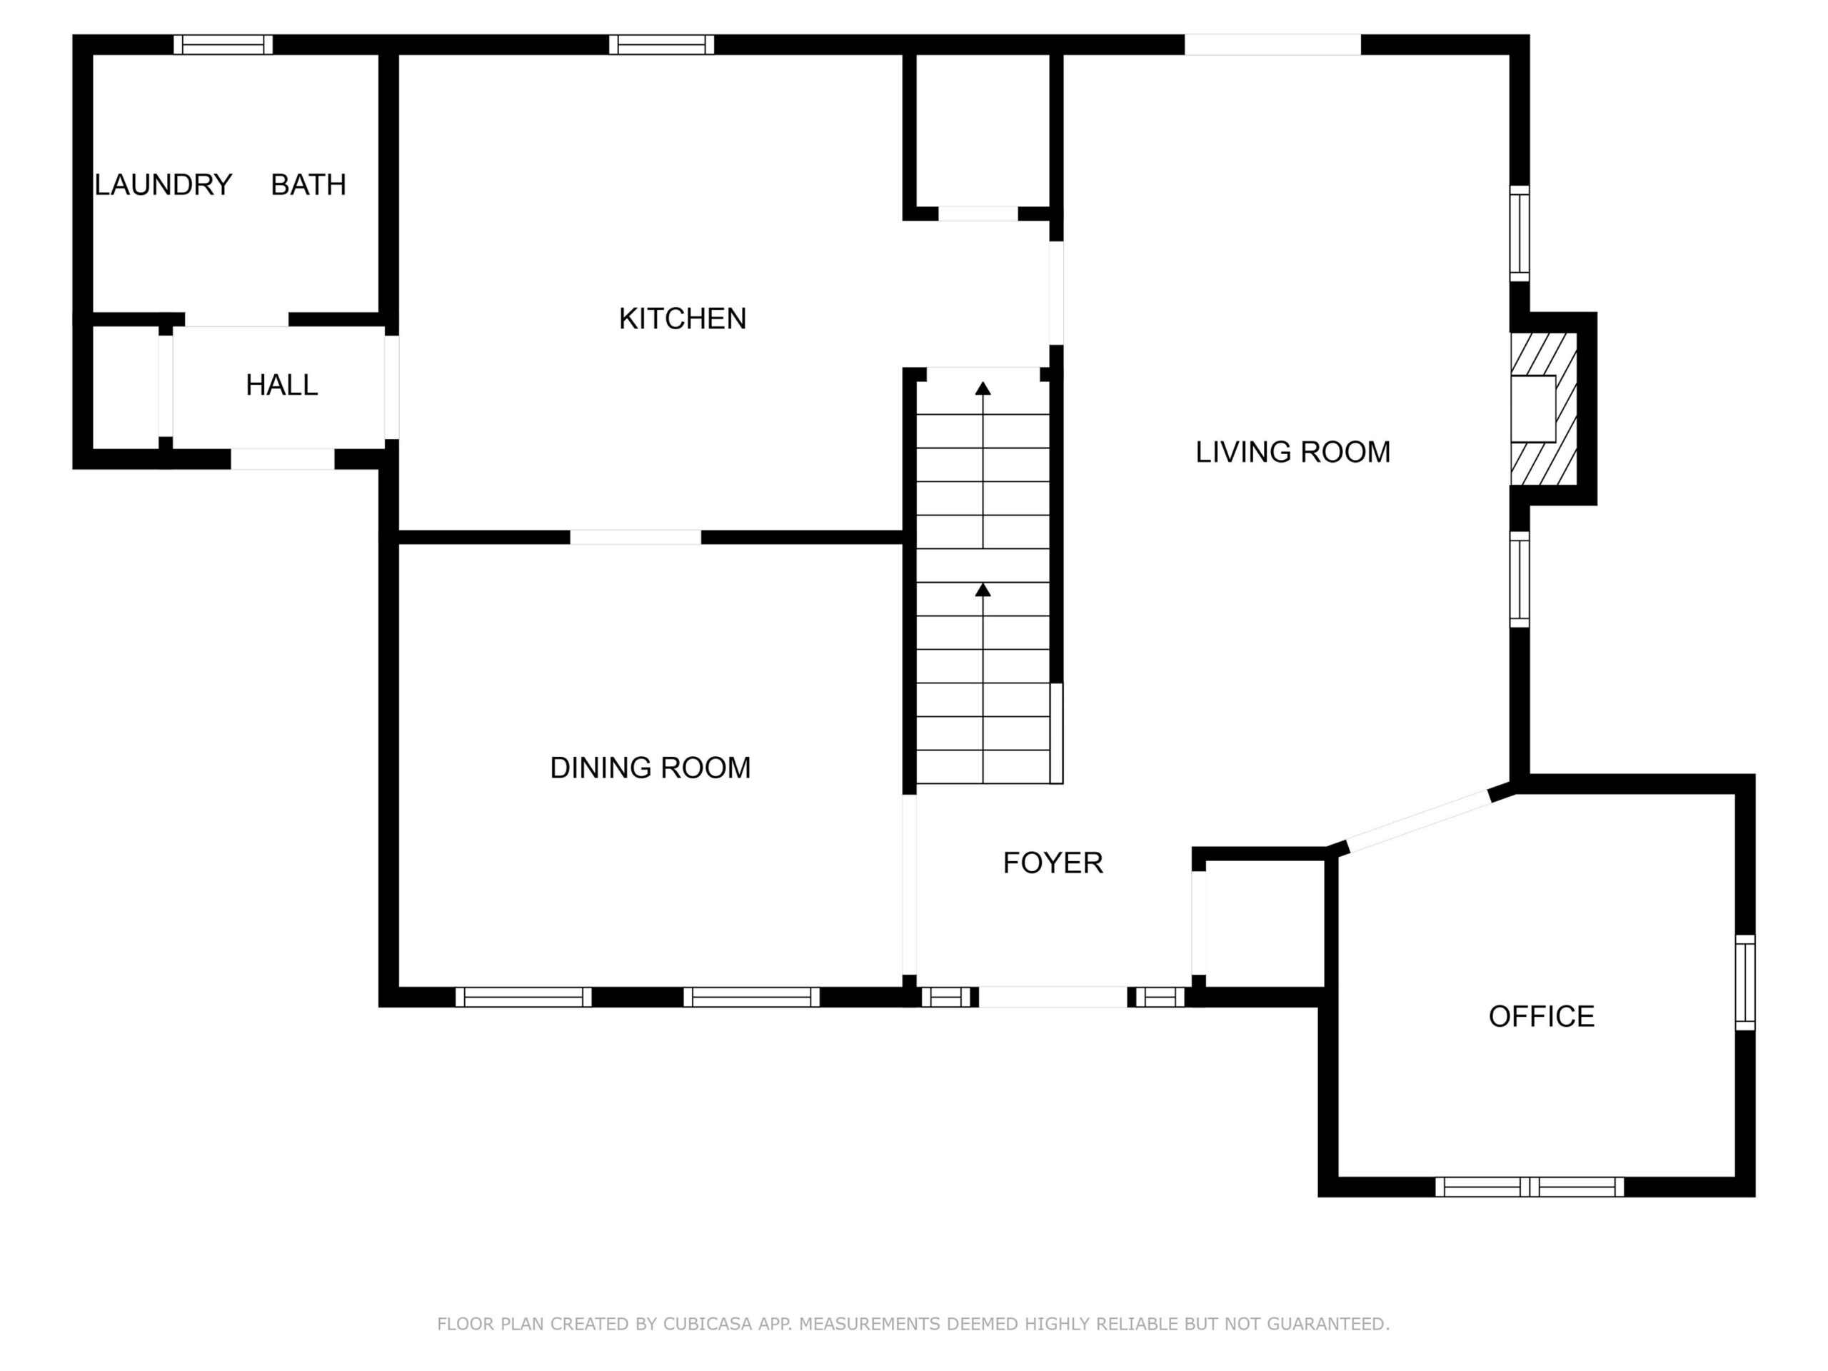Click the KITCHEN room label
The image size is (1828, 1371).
click(x=682, y=318)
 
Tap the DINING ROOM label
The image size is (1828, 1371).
click(x=651, y=768)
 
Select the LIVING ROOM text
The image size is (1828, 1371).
click(x=1292, y=452)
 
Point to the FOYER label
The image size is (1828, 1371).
click(x=1053, y=863)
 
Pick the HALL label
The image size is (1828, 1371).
click(x=282, y=385)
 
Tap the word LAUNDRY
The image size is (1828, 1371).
click(x=164, y=184)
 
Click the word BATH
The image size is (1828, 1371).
click(x=308, y=184)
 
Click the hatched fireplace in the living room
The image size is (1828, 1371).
click(x=1544, y=408)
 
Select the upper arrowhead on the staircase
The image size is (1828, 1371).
click(x=983, y=388)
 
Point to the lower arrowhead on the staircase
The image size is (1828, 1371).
click(x=983, y=589)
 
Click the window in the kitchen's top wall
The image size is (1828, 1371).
click(x=661, y=44)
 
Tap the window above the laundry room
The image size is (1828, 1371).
click(x=222, y=44)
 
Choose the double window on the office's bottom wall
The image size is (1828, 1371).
click(x=1529, y=1187)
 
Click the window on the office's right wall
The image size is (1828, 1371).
click(x=1744, y=983)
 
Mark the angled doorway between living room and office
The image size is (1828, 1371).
click(x=1419, y=820)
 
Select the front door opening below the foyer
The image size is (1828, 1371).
click(x=1053, y=997)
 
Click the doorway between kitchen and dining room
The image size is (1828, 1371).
click(x=636, y=537)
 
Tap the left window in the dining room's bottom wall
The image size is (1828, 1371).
click(x=523, y=997)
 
